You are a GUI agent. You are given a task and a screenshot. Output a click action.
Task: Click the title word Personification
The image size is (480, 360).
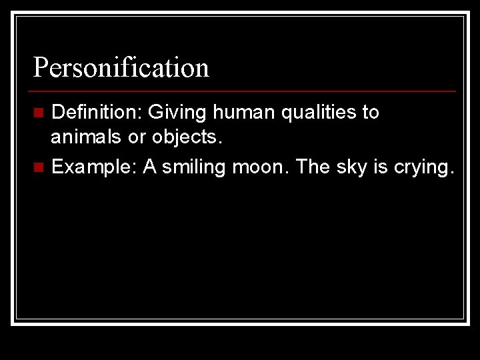pyautogui.click(x=121, y=67)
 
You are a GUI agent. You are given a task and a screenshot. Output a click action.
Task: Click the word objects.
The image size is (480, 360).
pyautogui.click(x=187, y=138)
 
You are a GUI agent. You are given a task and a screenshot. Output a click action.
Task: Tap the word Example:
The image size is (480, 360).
pyautogui.click(x=95, y=167)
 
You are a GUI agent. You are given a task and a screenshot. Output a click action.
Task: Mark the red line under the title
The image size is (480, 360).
pyautogui.click(x=245, y=91)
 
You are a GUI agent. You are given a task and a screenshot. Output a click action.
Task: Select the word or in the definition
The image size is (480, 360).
pyautogui.click(x=139, y=138)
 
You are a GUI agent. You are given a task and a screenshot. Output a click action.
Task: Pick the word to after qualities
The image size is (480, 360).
pyautogui.click(x=371, y=113)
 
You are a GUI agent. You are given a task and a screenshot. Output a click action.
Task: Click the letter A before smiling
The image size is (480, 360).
pyautogui.click(x=150, y=167)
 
